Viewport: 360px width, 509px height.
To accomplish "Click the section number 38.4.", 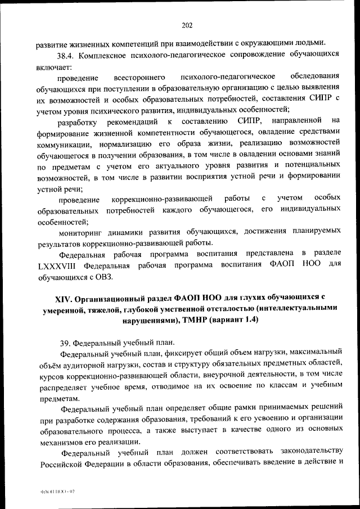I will (67, 55).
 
